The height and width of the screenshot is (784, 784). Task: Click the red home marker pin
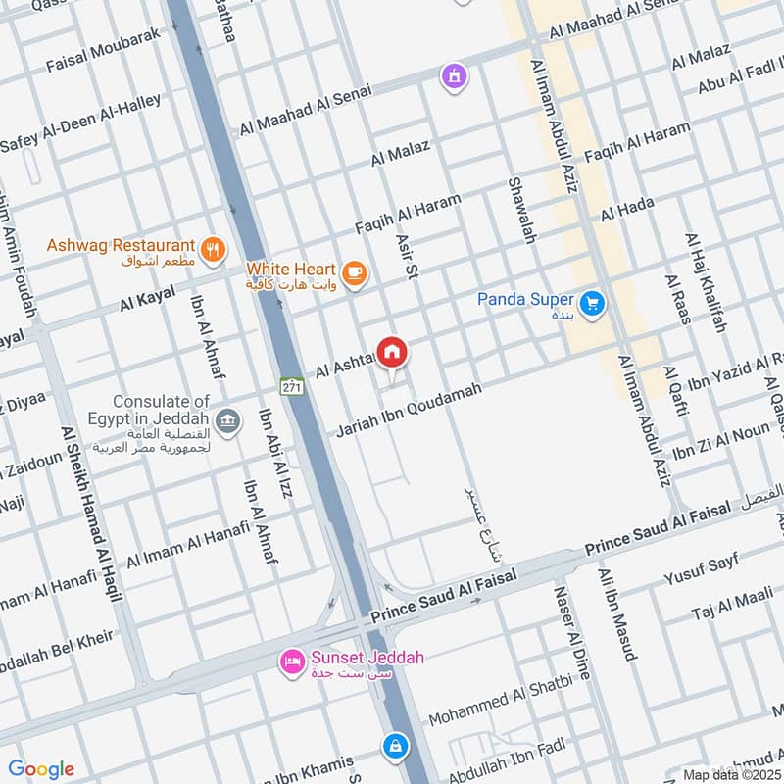click(x=392, y=351)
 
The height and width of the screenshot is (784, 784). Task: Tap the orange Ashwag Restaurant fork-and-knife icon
click(x=211, y=246)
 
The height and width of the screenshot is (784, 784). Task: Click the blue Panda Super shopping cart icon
click(x=590, y=304)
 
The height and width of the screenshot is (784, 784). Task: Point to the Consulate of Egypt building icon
click(x=227, y=421)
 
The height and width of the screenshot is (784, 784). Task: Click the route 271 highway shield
click(x=291, y=386)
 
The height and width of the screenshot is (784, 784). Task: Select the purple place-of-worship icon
click(x=453, y=75)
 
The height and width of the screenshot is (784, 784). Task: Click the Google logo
click(x=41, y=769)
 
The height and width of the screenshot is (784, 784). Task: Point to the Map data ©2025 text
click(x=731, y=774)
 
